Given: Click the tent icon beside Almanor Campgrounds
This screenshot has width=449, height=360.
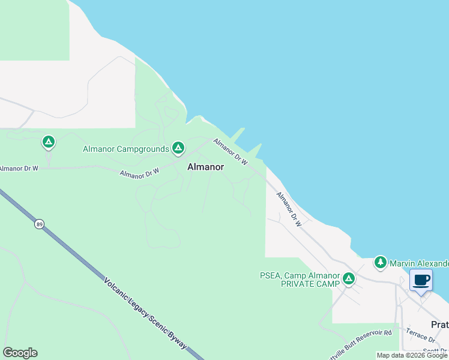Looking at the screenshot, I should point(178,147).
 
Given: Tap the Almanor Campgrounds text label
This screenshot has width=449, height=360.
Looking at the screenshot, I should point(126,149).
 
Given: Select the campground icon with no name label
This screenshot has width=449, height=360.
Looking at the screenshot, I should point(49,142).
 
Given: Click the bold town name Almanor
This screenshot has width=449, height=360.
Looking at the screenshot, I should point(206,167).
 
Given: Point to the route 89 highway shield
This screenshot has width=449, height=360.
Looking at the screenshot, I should point(39,224).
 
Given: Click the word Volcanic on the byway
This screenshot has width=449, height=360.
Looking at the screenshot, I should point(118,291).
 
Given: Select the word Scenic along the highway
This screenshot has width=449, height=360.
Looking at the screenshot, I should point(154,322).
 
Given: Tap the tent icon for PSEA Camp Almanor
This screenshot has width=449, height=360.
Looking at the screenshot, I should point(348,278).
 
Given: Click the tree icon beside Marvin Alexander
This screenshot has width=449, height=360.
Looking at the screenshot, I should point(380,262).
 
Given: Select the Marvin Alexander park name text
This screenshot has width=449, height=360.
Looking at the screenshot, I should point(419,263).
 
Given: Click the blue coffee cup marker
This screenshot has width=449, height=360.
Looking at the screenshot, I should point(421,280).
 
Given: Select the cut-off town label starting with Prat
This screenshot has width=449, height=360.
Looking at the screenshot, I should point(439,324).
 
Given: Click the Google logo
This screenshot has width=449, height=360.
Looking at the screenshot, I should point(20,353).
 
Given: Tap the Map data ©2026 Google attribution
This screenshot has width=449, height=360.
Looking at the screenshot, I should point(412,355).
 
